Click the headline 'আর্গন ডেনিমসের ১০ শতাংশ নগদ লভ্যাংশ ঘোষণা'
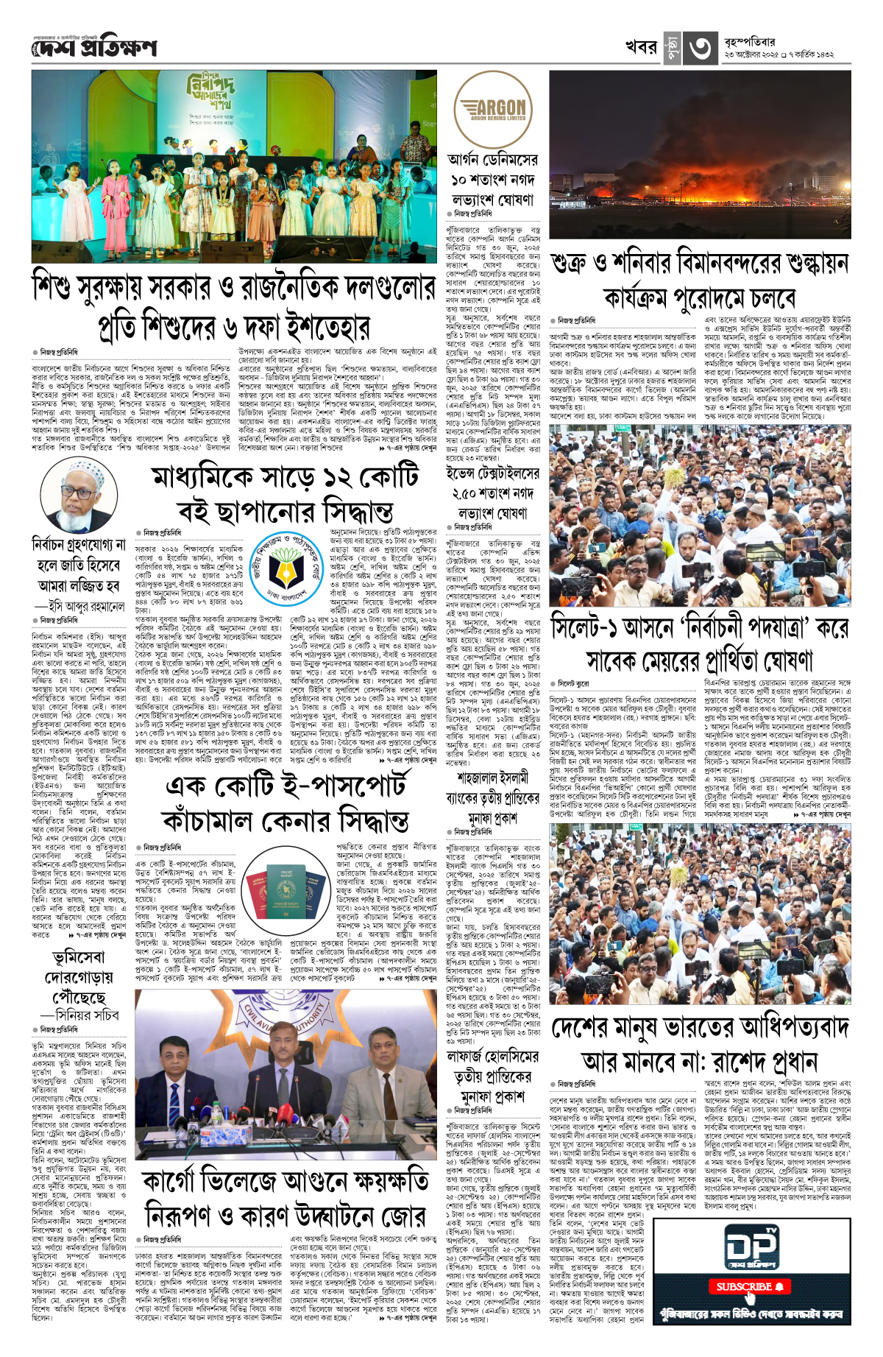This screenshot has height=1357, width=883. pos(493,180)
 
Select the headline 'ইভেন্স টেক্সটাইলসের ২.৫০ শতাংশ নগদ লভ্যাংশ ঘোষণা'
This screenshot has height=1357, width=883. pos(492,493)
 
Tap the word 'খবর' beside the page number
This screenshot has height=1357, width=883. pos(640,47)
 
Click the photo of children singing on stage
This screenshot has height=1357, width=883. pos(234,167)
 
